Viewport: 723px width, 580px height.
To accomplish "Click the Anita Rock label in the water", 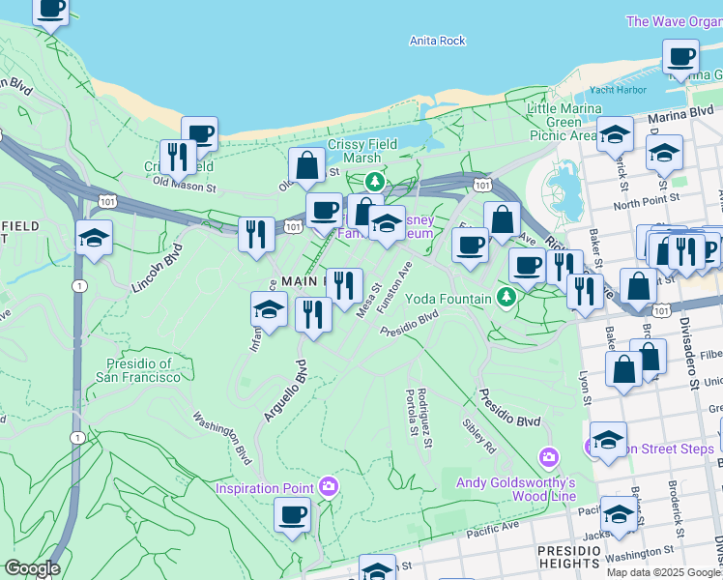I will point(437,41).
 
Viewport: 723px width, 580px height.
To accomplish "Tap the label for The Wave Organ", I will point(674,21).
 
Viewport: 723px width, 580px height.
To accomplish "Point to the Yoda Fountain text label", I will point(448,299).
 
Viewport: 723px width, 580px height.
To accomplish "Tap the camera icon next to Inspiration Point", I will point(329,485).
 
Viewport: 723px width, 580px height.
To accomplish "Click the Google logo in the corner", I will point(32,568).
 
